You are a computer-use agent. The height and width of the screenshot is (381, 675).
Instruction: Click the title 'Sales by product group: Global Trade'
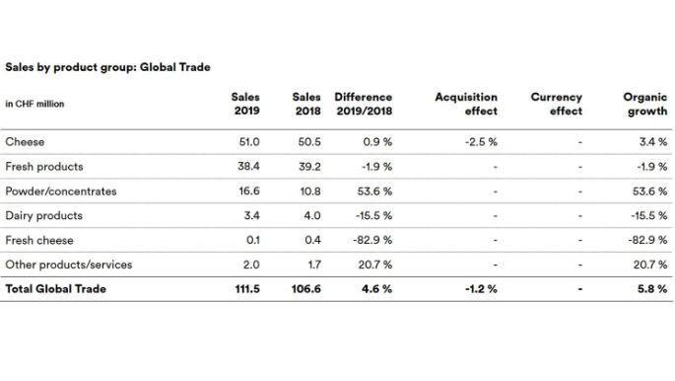(108, 67)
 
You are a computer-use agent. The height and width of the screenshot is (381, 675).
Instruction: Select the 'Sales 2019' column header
(245, 104)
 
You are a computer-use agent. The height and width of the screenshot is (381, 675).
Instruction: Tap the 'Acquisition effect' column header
(466, 104)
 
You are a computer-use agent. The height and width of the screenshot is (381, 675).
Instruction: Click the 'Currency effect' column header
(557, 104)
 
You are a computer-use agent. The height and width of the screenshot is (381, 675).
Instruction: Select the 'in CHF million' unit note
(34, 104)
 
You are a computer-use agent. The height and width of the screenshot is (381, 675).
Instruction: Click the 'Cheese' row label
(25, 142)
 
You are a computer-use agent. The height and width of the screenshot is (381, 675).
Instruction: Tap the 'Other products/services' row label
(69, 265)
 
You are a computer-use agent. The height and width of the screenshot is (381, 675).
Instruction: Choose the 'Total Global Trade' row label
(56, 289)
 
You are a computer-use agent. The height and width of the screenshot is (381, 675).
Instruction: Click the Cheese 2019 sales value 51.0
(249, 142)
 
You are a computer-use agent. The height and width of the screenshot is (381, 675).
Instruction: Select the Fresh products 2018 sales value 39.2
(309, 167)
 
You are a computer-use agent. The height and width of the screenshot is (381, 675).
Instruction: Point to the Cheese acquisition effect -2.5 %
(480, 142)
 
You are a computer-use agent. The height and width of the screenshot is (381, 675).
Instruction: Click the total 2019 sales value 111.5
(246, 289)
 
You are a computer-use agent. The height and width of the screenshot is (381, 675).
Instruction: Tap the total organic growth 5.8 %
(651, 289)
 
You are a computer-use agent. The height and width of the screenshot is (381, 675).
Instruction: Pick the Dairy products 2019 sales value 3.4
(252, 215)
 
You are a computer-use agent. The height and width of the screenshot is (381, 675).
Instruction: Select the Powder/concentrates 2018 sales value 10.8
(309, 191)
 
